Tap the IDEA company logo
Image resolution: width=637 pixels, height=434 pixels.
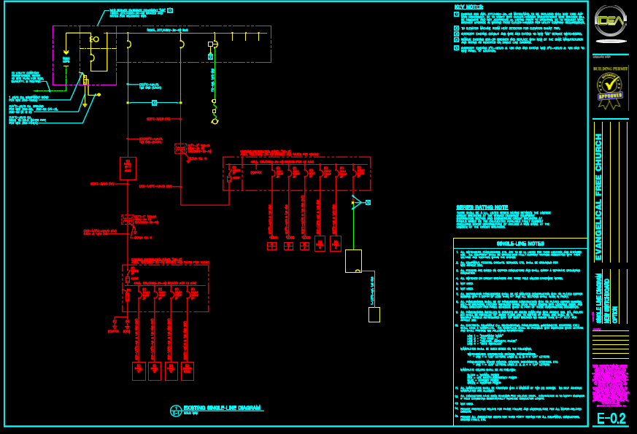(610, 20)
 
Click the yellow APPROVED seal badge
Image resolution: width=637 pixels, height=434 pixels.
(610, 90)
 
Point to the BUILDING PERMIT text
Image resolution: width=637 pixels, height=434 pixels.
(610, 69)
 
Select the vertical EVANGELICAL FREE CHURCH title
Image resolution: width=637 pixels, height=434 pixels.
(598, 191)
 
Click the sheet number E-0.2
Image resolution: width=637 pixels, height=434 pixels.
(611, 419)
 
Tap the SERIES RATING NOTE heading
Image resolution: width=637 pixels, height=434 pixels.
(482, 207)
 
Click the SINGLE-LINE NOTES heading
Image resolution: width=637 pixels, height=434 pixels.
(520, 244)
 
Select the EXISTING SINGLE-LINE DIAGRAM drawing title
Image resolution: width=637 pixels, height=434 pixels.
(222, 408)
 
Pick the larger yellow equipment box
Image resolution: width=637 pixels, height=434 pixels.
(353, 260)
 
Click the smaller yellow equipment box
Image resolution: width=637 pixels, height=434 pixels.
(374, 314)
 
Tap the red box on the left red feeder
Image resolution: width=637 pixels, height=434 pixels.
(128, 168)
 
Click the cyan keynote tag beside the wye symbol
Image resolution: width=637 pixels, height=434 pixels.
(368, 202)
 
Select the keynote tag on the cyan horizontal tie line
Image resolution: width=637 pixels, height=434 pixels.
(154, 103)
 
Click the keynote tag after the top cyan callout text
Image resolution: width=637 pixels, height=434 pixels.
(170, 10)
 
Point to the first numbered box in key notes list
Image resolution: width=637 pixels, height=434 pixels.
(457, 14)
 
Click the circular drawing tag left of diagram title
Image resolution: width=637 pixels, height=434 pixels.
(175, 410)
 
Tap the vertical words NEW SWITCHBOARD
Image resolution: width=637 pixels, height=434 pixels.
(606, 298)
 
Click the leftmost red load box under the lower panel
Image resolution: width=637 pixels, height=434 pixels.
(139, 371)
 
